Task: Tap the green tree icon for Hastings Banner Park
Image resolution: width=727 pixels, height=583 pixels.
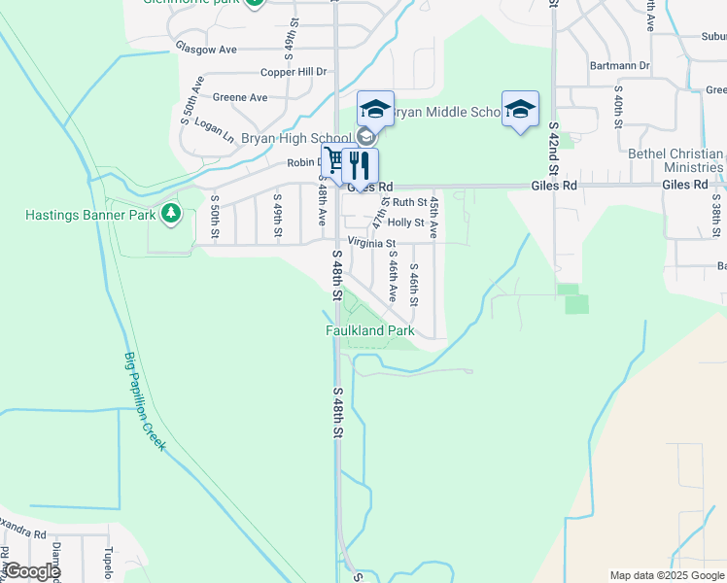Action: [x=171, y=213]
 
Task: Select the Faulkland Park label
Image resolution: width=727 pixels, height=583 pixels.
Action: [x=369, y=331]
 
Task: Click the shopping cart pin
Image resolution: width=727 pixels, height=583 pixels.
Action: [x=335, y=163]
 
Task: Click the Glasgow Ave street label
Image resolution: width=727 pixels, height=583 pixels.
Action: [x=206, y=48]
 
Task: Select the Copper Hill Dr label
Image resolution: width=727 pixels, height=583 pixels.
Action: [x=293, y=72]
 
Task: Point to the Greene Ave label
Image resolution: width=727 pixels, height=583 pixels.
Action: [x=240, y=97]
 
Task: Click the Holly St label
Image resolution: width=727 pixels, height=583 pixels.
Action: [x=406, y=223]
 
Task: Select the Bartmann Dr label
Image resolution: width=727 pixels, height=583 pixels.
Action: [x=619, y=66]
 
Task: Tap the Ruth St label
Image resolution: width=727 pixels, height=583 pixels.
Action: [x=409, y=202]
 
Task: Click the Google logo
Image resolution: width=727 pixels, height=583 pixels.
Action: [x=31, y=572]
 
